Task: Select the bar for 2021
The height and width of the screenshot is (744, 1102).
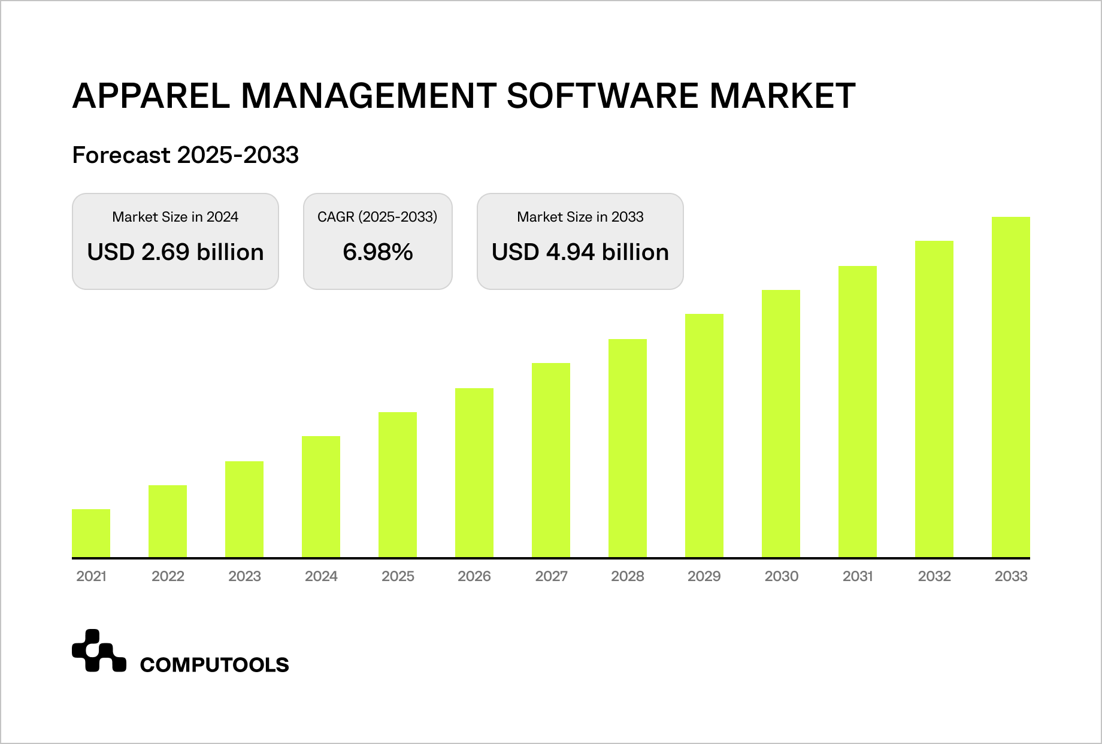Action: click(91, 533)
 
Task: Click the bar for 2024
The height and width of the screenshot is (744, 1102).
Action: click(321, 497)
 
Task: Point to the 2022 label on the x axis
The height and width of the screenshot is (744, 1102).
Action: click(168, 576)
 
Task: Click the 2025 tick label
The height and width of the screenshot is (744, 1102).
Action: click(398, 576)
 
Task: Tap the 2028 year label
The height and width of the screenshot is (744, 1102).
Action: click(628, 576)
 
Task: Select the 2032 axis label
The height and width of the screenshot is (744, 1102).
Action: click(934, 576)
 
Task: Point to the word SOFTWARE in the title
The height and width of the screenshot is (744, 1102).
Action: click(603, 95)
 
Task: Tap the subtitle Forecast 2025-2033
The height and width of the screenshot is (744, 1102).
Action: click(185, 155)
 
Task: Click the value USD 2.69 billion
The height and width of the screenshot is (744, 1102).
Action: click(175, 252)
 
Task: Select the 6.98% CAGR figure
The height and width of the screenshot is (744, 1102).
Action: click(378, 252)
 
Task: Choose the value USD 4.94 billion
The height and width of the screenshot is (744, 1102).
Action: click(580, 252)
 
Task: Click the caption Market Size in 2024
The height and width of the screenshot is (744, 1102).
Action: click(175, 217)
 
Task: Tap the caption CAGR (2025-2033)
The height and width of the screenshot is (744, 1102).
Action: click(378, 217)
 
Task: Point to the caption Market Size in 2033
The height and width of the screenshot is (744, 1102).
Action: click(580, 217)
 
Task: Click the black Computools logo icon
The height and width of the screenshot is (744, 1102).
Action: click(99, 651)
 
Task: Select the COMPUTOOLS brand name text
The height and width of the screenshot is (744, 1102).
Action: click(214, 665)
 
